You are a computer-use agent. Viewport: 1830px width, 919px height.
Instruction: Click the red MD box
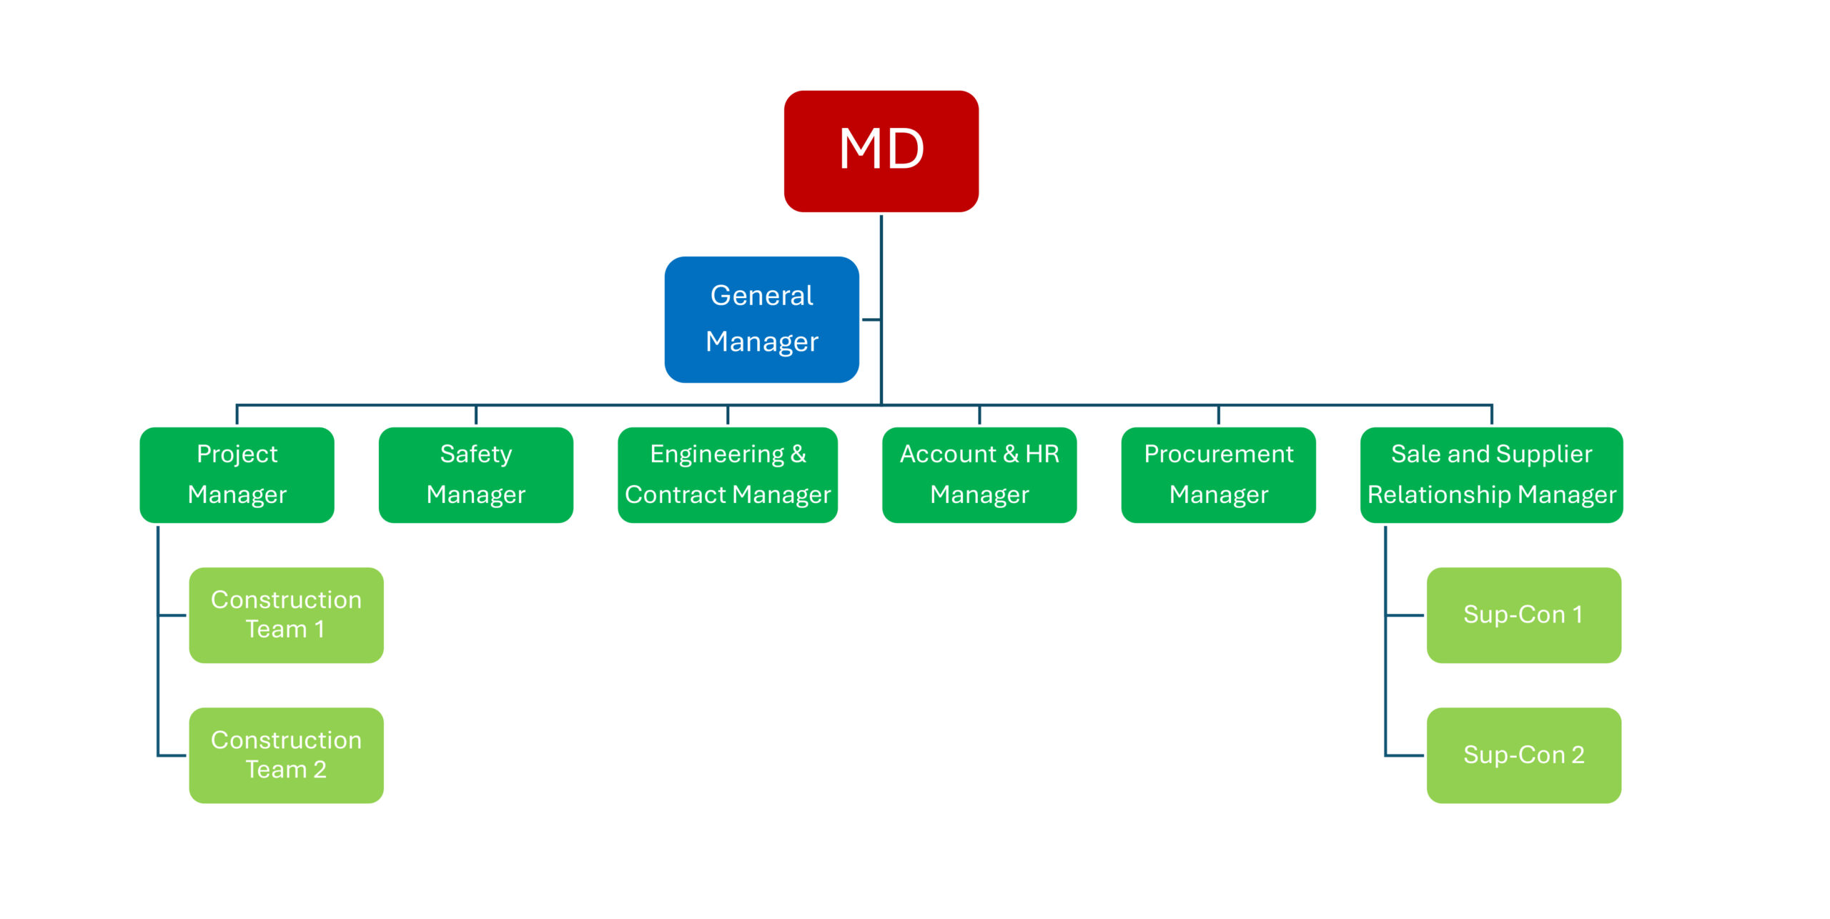tap(881, 151)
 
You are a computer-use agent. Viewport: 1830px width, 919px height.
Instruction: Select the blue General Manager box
tap(762, 319)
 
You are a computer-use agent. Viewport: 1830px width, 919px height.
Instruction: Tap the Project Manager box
tap(237, 475)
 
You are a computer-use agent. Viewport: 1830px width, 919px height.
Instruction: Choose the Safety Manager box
tap(476, 475)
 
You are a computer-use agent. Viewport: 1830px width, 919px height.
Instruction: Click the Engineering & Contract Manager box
tap(728, 475)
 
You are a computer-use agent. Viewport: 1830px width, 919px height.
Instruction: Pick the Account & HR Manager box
tap(979, 475)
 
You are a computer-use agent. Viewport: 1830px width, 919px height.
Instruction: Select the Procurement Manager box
tap(1219, 475)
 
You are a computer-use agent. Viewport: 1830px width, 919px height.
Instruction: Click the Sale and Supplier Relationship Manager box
tap(1492, 475)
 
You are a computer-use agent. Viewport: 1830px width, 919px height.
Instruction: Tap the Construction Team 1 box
tap(286, 615)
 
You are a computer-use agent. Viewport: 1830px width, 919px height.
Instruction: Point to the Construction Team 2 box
tap(286, 755)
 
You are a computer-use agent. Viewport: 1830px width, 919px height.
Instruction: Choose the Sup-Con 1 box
tap(1524, 615)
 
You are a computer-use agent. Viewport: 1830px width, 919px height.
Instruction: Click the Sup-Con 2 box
tap(1524, 755)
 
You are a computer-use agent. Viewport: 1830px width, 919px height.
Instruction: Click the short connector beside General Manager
tap(871, 319)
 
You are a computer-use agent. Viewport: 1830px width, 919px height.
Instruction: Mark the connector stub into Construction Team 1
tap(172, 615)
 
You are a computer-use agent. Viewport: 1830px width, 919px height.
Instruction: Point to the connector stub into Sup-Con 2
tap(1404, 755)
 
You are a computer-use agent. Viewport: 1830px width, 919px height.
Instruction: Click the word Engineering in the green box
tap(717, 454)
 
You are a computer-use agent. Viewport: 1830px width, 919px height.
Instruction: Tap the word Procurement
tap(1219, 454)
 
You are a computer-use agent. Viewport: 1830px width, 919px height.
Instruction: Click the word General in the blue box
tap(762, 295)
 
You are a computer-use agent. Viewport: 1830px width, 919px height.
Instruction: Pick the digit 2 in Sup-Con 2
tap(1578, 755)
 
